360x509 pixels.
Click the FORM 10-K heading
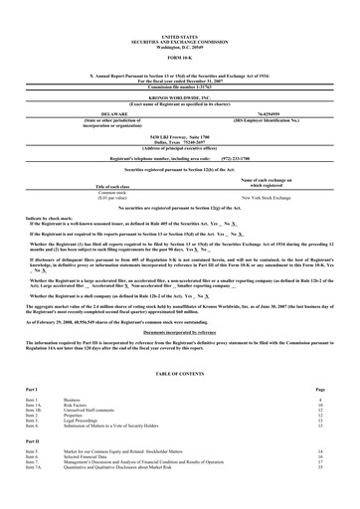click(x=180, y=56)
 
